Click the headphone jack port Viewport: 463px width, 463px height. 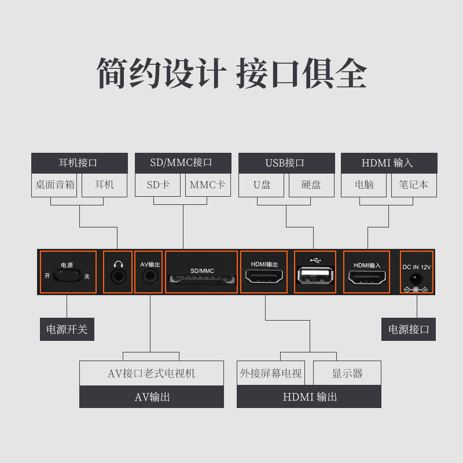(118, 277)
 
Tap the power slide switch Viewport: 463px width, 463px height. (67, 276)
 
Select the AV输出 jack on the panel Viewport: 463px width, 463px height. (149, 277)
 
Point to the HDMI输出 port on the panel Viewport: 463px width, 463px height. (264, 277)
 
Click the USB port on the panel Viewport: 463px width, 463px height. (314, 276)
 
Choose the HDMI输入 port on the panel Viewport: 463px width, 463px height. (367, 277)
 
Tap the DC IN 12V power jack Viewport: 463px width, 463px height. (416, 278)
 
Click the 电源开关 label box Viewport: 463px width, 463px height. (67, 329)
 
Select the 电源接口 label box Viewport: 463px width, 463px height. (409, 329)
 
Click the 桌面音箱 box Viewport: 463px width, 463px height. (55, 185)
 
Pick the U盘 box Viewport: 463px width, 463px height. (262, 185)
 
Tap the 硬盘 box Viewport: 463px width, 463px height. (311, 185)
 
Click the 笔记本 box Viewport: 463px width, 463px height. (413, 185)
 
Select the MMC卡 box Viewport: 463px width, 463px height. (208, 185)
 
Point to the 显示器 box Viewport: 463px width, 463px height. (347, 373)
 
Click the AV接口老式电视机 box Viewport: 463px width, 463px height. (152, 373)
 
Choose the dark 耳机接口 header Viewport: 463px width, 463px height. (79, 163)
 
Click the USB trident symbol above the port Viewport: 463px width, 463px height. (314, 259)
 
